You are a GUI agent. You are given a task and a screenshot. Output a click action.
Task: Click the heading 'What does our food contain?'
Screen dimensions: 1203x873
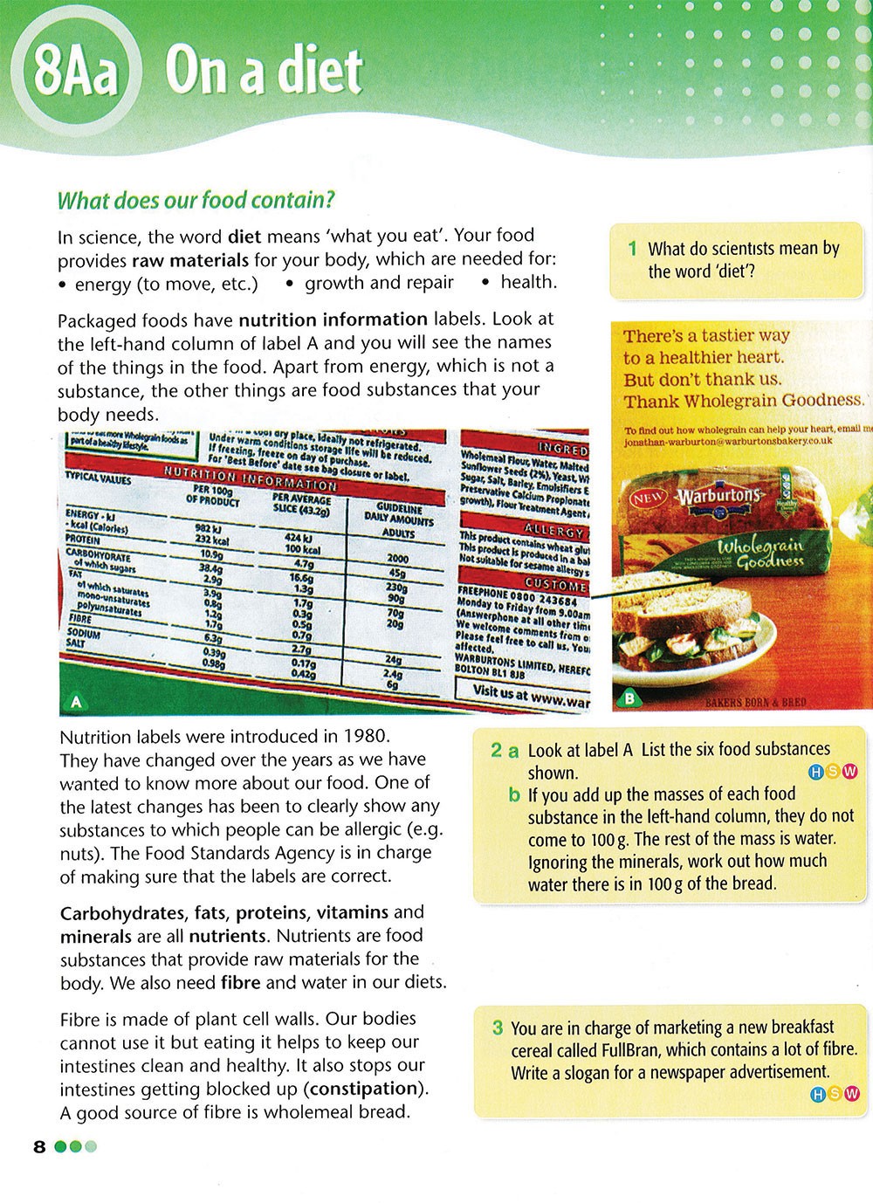[196, 201]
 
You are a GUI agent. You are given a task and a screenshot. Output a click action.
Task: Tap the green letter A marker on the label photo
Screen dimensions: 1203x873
[76, 701]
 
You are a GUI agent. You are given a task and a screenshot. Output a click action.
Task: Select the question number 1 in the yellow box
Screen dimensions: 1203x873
[632, 249]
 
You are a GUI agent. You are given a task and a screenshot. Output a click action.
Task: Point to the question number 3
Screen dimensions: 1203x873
[497, 1028]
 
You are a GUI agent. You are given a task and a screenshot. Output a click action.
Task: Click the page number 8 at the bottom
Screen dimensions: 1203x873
[39, 1146]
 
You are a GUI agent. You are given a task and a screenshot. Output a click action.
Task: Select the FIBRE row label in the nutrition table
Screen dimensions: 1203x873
[80, 617]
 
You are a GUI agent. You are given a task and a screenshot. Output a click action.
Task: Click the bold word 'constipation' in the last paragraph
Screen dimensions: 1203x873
[362, 1089]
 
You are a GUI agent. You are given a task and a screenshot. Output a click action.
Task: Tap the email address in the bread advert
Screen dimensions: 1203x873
[728, 442]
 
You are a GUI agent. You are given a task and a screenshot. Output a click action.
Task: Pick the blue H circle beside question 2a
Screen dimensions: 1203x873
[817, 772]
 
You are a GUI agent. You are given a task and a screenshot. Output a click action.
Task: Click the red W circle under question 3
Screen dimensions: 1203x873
[852, 1093]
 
